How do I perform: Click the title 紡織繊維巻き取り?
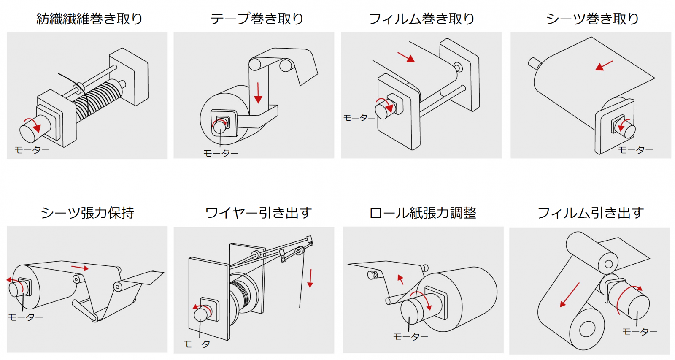(89, 19)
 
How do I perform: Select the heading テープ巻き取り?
(257, 19)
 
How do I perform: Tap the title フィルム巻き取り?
(421, 19)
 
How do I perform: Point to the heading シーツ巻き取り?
(592, 19)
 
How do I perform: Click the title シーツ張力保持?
(87, 213)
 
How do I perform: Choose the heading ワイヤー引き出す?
(259, 213)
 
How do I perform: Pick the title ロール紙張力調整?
(423, 213)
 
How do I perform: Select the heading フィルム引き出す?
(591, 213)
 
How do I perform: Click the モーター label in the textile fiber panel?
(32, 150)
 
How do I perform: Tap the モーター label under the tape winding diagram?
(221, 154)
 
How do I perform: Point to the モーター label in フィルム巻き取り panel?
(359, 118)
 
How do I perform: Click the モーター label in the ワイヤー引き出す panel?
(201, 344)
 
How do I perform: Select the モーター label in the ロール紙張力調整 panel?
(410, 337)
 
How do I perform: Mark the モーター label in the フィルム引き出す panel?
(640, 332)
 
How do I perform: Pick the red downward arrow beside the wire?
(310, 279)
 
